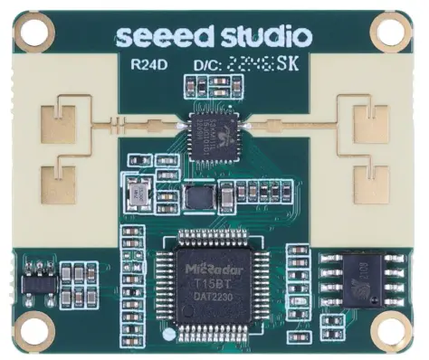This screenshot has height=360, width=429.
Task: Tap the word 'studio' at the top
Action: [255, 35]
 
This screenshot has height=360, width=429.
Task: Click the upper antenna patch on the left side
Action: [64, 117]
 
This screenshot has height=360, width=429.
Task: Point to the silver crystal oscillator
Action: [139, 193]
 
